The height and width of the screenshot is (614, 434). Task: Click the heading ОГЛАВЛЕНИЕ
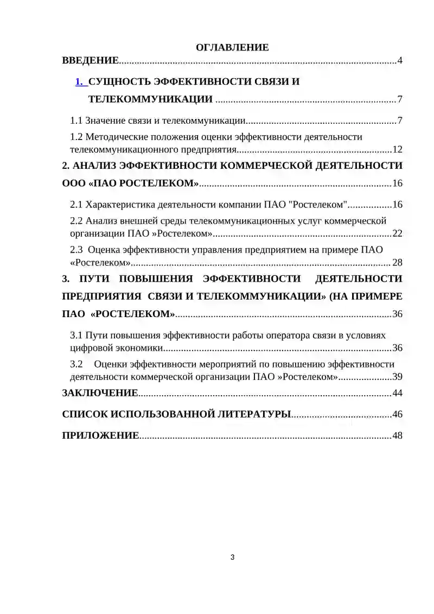tap(232, 47)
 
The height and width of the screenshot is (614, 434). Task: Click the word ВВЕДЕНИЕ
tap(90, 60)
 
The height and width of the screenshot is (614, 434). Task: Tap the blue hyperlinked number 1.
tap(80, 82)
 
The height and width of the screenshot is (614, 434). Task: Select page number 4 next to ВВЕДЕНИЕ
tap(400, 60)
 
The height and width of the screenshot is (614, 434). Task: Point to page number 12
tap(397, 149)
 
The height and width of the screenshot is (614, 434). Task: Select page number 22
tap(397, 233)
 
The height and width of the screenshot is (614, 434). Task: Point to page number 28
tap(397, 263)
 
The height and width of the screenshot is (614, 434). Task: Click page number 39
tap(397, 377)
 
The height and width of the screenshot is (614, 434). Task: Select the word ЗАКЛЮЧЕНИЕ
tap(100, 393)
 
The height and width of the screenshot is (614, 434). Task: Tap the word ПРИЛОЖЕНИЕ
tap(100, 435)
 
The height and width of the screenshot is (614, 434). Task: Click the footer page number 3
tap(233, 557)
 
